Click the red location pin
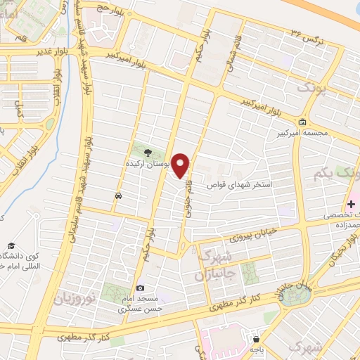coord(181,165)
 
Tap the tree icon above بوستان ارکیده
coord(148,151)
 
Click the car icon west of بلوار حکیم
coord(118,195)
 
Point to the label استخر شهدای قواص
coord(249,185)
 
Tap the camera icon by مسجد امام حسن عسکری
coord(140,288)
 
